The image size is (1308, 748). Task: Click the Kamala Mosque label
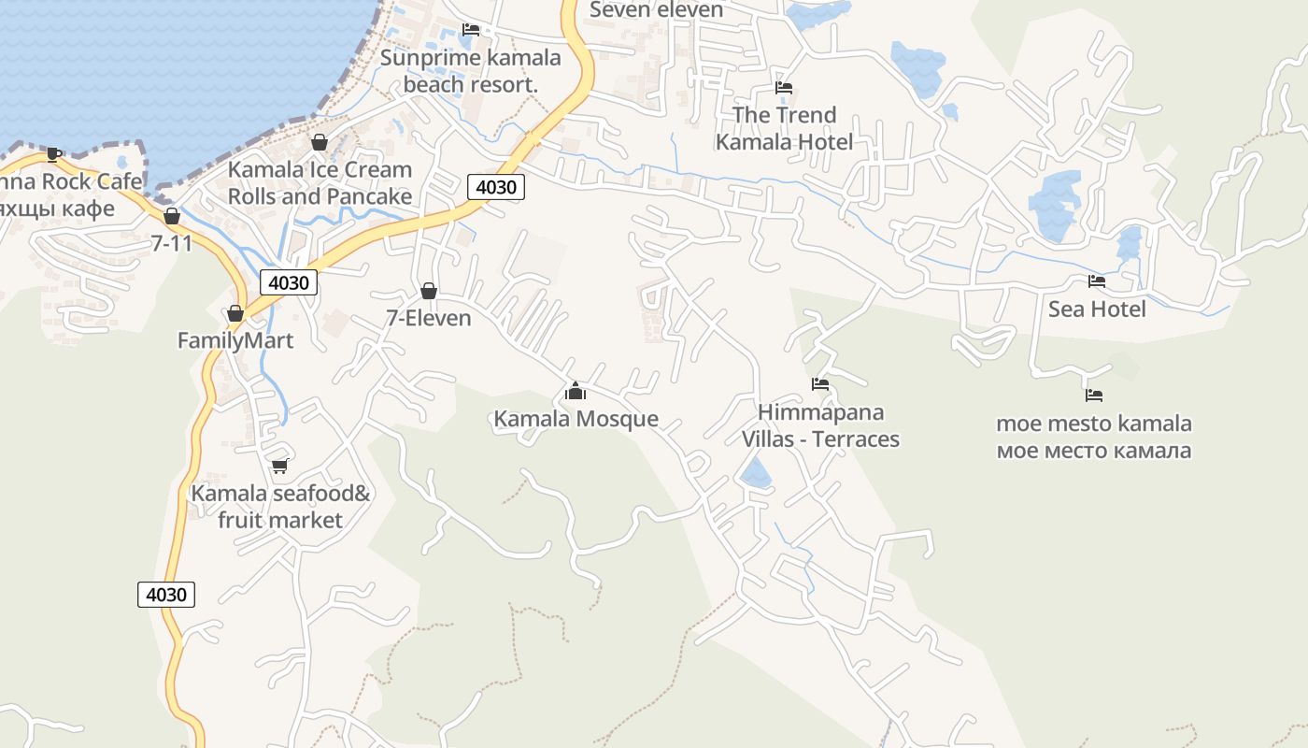pyautogui.click(x=576, y=419)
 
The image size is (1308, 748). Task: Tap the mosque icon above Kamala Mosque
pyautogui.click(x=576, y=390)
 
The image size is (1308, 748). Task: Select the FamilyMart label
pyautogui.click(x=235, y=340)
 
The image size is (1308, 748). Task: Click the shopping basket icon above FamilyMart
pyautogui.click(x=235, y=313)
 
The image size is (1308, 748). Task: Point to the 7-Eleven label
pyautogui.click(x=429, y=318)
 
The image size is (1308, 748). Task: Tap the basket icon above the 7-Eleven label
pyautogui.click(x=429, y=291)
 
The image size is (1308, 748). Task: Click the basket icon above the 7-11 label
pyautogui.click(x=172, y=217)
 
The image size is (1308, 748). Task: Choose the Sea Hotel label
pyautogui.click(x=1097, y=309)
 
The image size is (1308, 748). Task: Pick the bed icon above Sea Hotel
pyautogui.click(x=1097, y=280)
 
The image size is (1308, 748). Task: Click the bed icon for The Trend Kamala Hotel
pyautogui.click(x=784, y=88)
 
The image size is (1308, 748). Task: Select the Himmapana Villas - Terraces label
pyautogui.click(x=820, y=425)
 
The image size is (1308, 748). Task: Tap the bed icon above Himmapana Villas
pyautogui.click(x=820, y=383)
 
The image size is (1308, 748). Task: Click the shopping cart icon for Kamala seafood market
pyautogui.click(x=279, y=466)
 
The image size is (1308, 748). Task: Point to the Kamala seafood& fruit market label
pyautogui.click(x=281, y=506)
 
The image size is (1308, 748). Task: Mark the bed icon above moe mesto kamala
pyautogui.click(x=1094, y=396)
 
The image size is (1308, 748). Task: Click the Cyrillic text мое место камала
pyautogui.click(x=1094, y=451)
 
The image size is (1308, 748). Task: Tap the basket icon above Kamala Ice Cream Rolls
pyautogui.click(x=320, y=142)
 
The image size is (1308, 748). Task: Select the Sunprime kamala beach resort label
pyautogui.click(x=471, y=71)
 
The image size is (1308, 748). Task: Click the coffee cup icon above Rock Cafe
pyautogui.click(x=54, y=154)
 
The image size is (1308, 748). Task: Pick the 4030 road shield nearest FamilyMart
pyautogui.click(x=289, y=282)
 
